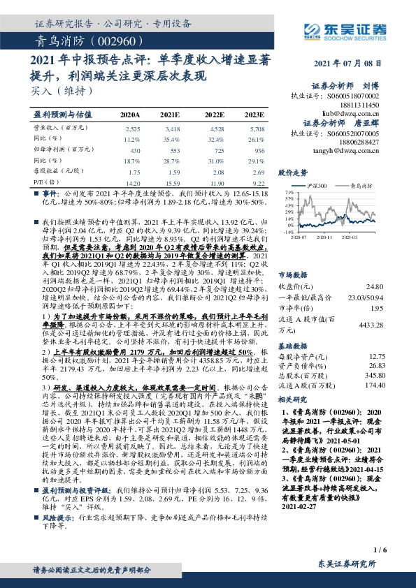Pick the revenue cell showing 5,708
pos(257,129)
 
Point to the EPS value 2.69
pos(257,170)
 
